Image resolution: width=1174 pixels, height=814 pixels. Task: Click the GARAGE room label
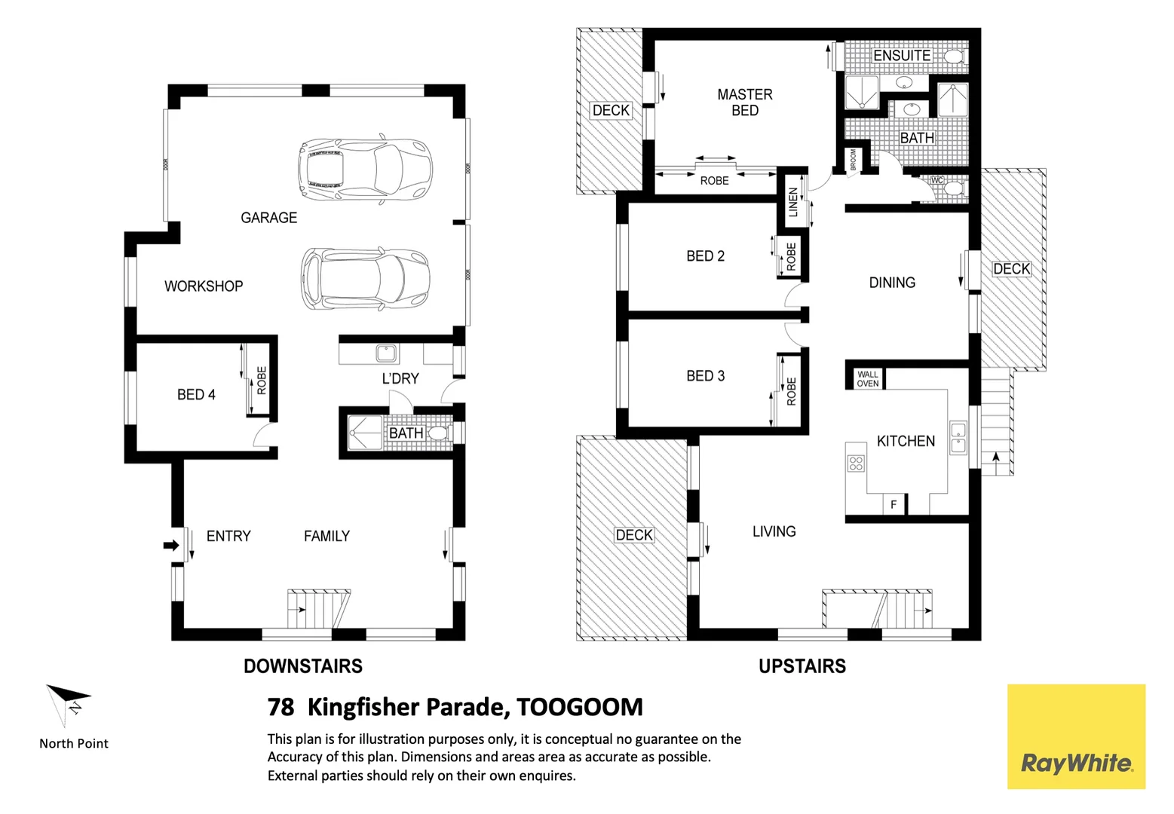pos(268,218)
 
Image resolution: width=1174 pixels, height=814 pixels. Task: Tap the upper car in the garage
pos(365,168)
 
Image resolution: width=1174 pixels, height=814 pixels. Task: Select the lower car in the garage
pos(365,278)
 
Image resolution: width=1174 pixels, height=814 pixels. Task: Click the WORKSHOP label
pos(204,286)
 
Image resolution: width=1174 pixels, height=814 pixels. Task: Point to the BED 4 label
pos(196,395)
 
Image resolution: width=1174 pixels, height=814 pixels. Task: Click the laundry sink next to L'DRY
pos(387,353)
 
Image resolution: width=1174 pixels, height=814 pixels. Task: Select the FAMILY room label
pos(326,537)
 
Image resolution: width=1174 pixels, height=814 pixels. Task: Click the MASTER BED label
pos(744,103)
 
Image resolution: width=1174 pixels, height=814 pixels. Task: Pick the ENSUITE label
pos(901,56)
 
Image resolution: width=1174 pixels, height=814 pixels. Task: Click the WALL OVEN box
pos(867,379)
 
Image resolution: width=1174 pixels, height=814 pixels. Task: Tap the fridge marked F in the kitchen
pos(894,504)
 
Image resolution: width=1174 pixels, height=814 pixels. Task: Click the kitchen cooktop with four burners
pos(856,463)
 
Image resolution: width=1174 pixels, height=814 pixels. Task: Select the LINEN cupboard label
pos(792,202)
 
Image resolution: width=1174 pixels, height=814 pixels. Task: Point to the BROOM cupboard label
pos(854,159)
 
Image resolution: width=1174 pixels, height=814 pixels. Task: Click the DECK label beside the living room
pos(634,535)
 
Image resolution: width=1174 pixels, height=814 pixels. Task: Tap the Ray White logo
pos(1076,737)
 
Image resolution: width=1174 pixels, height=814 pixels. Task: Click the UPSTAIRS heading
pos(802,666)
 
